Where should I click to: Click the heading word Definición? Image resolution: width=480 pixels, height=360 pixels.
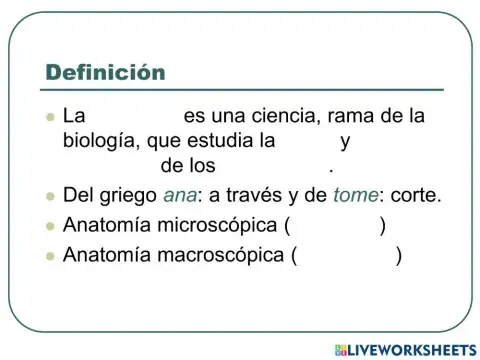pos(105,72)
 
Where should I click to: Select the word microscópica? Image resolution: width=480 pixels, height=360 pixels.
pos(210,226)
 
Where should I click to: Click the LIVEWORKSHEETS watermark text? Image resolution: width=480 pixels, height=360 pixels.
pos(409,348)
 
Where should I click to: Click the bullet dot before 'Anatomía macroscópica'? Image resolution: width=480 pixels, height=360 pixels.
pos(49,257)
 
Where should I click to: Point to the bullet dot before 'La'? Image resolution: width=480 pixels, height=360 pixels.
pos(49,117)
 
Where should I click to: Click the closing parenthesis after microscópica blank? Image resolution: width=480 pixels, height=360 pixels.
pos(383,226)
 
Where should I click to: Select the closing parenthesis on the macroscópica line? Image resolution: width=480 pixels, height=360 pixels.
pos(399,256)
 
